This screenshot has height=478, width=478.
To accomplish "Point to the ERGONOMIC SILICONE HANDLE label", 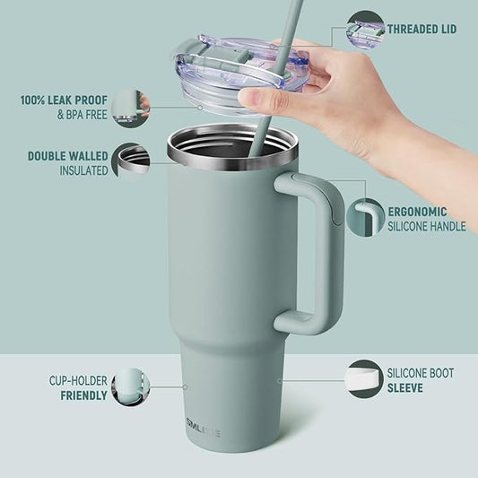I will pyautogui.click(x=426, y=220).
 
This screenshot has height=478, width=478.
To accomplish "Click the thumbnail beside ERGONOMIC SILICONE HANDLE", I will pyautogui.click(x=365, y=219).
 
